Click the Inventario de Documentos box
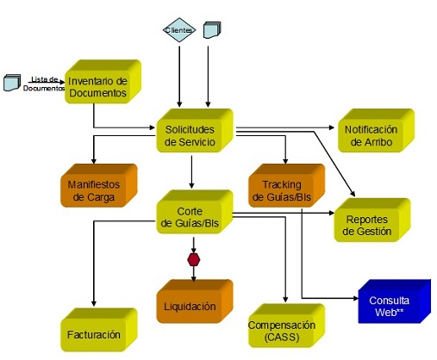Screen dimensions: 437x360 pyautogui.click(x=103, y=82)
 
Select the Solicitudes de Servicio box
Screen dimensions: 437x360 pyautogui.click(x=195, y=130)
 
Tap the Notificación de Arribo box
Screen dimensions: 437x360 pyautogui.click(x=376, y=130)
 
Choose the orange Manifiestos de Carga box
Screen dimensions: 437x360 pyautogui.click(x=99, y=185)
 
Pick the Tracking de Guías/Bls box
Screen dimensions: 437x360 pyautogui.click(x=287, y=185)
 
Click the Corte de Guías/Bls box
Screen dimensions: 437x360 pyautogui.click(x=195, y=212)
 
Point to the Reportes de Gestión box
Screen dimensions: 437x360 pyautogui.click(x=372, y=220)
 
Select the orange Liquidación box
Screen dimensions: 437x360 pyautogui.click(x=195, y=301)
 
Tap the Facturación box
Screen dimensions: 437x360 pyautogui.click(x=99, y=330)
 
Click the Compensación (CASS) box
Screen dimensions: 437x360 pyautogui.click(x=287, y=326)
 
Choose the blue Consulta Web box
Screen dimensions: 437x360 pyautogui.click(x=395, y=301)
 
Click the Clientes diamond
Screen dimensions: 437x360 pyautogui.click(x=179, y=30)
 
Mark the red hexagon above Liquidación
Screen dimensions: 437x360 pyautogui.click(x=194, y=260)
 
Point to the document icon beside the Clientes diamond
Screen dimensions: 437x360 pyautogui.click(x=212, y=30)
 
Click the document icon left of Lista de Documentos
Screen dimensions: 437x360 pyautogui.click(x=12, y=83)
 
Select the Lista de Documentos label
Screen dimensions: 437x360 pyautogui.click(x=44, y=84)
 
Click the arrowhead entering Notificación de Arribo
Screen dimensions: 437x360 pyautogui.click(x=332, y=127)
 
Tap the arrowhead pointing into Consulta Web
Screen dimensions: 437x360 pyautogui.click(x=356, y=298)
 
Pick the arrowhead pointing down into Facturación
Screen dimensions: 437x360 pyautogui.click(x=94, y=303)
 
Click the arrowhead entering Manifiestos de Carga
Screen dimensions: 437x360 pyautogui.click(x=94, y=161)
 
